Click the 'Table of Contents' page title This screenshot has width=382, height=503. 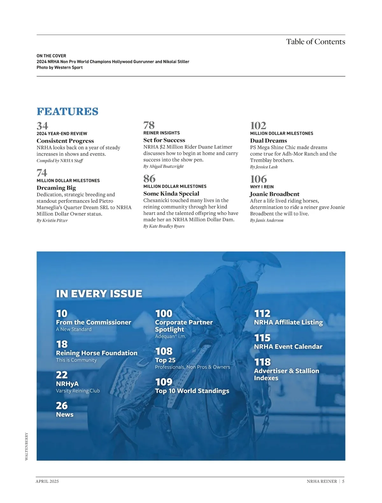[315, 42]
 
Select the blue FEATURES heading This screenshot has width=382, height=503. [67, 112]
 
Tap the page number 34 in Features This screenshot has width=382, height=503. [42, 126]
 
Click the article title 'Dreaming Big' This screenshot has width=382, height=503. [56, 188]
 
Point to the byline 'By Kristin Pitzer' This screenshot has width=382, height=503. [52, 220]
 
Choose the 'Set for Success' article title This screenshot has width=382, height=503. [164, 140]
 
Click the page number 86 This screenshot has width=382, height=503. [149, 179]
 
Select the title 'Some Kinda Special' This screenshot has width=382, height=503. [171, 194]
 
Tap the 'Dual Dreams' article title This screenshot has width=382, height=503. [268, 141]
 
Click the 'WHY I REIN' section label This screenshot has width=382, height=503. [262, 187]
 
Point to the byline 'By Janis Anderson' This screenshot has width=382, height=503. [266, 220]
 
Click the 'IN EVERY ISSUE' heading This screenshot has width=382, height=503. [99, 293]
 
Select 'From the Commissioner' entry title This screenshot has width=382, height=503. [94, 322]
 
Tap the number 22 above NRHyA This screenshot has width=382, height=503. [62, 375]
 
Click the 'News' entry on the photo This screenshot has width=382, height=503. [65, 414]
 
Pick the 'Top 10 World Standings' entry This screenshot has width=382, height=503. [192, 391]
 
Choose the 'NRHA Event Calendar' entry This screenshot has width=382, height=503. [288, 347]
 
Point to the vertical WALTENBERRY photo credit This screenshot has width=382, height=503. [26, 446]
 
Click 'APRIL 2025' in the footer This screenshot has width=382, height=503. [47, 481]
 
